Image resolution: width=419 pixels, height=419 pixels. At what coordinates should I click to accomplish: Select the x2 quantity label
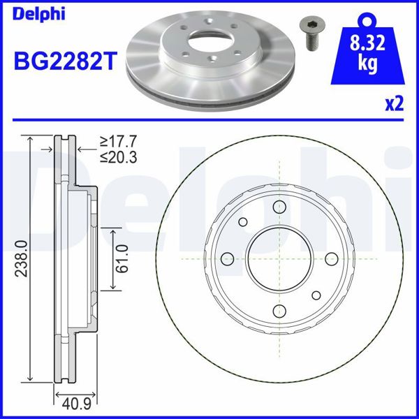tap(395, 104)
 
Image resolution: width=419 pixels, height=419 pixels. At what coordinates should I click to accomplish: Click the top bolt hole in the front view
tap(279, 206)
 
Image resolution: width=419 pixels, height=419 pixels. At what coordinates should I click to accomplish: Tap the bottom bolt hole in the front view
tap(279, 311)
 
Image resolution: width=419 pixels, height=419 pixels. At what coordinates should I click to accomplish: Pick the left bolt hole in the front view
tap(226, 259)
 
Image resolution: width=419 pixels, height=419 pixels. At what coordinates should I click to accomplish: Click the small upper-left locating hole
tap(244, 223)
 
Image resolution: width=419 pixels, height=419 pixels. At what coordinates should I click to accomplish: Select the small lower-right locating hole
tap(315, 295)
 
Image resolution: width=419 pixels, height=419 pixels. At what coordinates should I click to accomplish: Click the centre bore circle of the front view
tap(279, 259)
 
